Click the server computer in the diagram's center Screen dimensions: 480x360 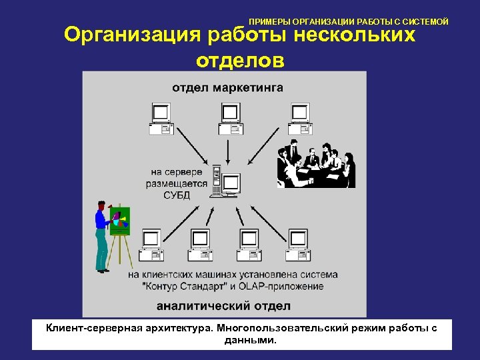[x=225, y=181]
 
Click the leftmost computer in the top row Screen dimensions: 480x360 [x=161, y=119]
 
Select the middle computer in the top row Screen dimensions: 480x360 [x=229, y=119]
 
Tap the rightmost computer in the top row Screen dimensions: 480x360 [x=299, y=119]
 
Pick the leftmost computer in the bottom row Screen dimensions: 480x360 [x=151, y=243]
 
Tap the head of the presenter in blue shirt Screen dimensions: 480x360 [x=101, y=205]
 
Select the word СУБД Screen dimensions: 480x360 [x=177, y=195]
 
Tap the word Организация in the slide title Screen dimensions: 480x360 [x=131, y=35]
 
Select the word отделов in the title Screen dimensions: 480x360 [x=240, y=60]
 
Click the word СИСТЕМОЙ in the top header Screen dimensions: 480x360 [x=425, y=22]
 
